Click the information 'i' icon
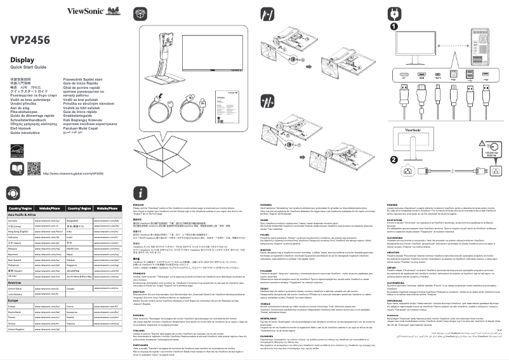click(140, 192)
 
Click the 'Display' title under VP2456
click(22, 59)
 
